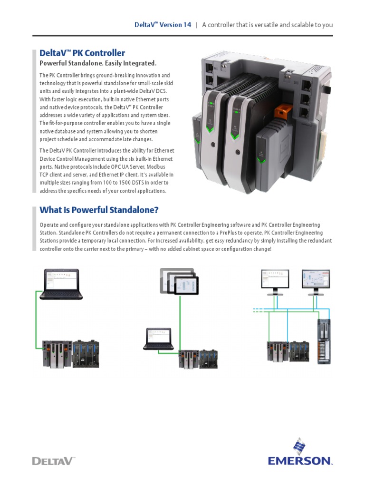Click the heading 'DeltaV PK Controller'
click(82, 53)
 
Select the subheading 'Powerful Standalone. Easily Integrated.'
click(97, 63)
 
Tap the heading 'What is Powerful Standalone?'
click(99, 210)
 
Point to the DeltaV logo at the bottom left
click(53, 460)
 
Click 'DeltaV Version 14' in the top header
click(163, 25)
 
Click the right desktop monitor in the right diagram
click(316, 282)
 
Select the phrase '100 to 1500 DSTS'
click(125, 183)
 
